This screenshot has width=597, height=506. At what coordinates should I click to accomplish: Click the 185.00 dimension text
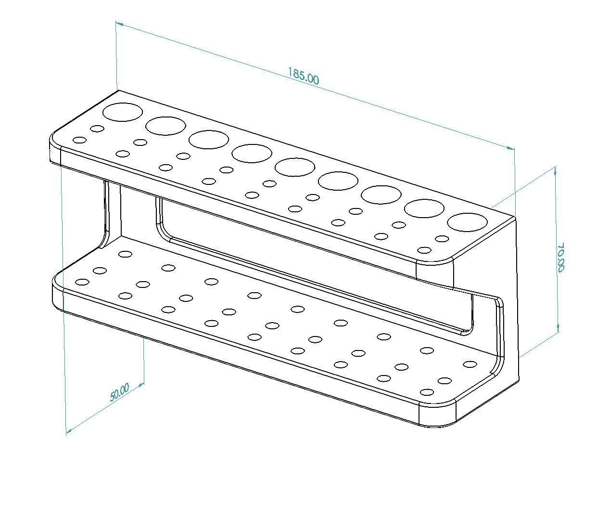click(x=303, y=76)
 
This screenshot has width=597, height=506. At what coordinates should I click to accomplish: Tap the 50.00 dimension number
click(x=119, y=392)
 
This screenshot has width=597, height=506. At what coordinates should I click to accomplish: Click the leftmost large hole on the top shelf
click(x=123, y=112)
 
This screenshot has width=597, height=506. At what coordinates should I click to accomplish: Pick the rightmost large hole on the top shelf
click(x=467, y=222)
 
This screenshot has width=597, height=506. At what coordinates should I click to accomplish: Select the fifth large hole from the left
click(x=294, y=167)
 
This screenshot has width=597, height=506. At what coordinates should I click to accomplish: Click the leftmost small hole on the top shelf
click(x=79, y=140)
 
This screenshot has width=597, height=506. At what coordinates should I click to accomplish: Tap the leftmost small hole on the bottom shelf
click(x=82, y=282)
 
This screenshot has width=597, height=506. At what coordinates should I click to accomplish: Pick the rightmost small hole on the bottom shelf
click(x=469, y=364)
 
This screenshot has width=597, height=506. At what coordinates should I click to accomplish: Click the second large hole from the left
click(x=165, y=126)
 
